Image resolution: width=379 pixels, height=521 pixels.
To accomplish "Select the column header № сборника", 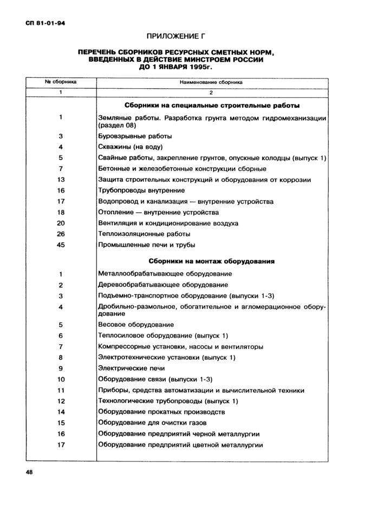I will pos(61,82).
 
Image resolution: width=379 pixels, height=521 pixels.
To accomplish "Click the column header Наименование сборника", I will pos(212,82).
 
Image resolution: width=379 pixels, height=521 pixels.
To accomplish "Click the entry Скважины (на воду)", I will pos(130,147).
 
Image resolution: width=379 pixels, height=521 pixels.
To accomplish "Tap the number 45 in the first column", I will pos(61,245).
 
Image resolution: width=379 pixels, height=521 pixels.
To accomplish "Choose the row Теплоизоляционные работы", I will pos(144,234).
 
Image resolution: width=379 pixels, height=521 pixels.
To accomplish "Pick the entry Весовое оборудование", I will pos(136,325).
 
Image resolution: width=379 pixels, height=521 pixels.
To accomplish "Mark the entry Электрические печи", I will pos(132,368).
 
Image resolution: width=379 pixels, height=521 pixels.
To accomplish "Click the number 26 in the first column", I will pos(61,234).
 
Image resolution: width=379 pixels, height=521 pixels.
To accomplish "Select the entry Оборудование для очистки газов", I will pos(152,423).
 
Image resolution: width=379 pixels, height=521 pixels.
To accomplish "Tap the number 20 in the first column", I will pos(61,223).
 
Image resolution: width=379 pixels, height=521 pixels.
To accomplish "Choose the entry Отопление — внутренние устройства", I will pos(158,212).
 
